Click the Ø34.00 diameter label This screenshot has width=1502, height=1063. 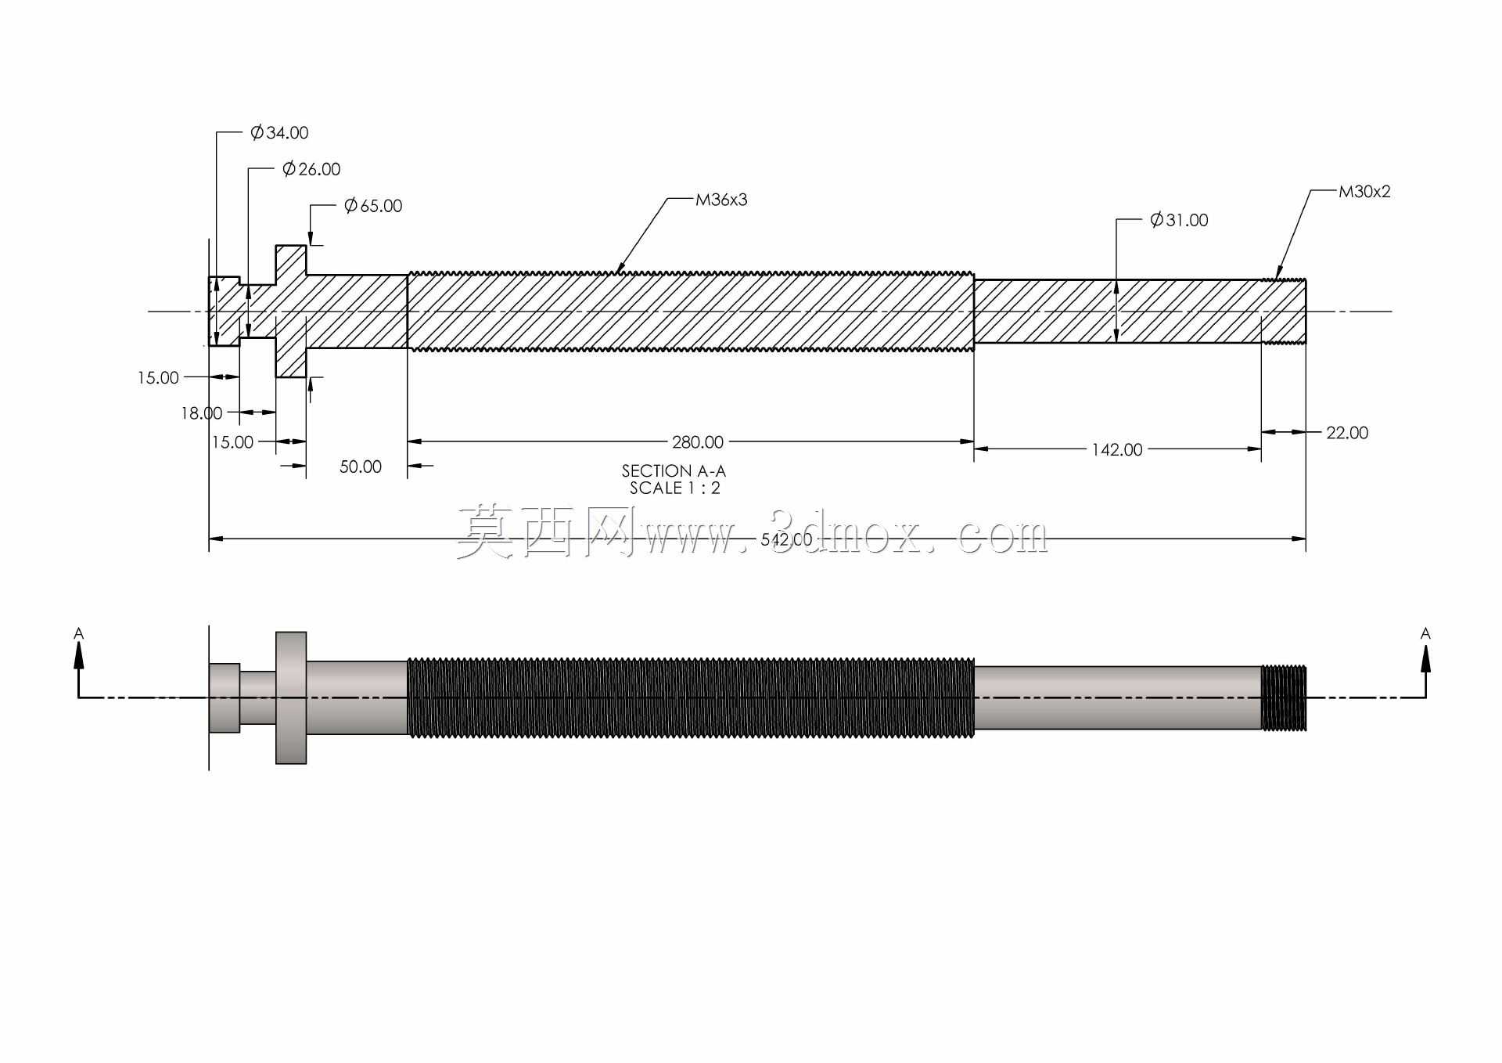tap(279, 133)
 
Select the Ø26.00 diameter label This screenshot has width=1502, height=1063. tap(311, 169)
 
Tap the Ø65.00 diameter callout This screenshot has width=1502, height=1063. tap(373, 206)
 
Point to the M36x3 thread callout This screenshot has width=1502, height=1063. tap(721, 200)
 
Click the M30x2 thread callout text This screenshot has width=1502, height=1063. tap(1364, 192)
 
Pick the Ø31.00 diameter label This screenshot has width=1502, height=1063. tap(1179, 220)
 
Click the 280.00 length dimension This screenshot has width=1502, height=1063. tap(698, 442)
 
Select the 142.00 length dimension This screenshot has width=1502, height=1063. tap(1117, 449)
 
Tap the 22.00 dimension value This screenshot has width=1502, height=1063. tap(1347, 433)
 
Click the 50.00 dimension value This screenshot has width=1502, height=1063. tap(361, 467)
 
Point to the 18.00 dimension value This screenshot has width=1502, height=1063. tap(202, 413)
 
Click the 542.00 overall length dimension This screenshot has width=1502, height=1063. tap(786, 539)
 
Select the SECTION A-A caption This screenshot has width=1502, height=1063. tap(674, 471)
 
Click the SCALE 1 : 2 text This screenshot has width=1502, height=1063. tap(675, 488)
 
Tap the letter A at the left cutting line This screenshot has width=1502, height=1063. tap(78, 633)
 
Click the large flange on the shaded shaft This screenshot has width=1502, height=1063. tap(291, 697)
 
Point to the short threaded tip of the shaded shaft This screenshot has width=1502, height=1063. tap(1284, 698)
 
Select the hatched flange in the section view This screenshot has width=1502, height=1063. tap(291, 312)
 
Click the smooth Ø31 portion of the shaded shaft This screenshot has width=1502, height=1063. tap(1118, 698)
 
